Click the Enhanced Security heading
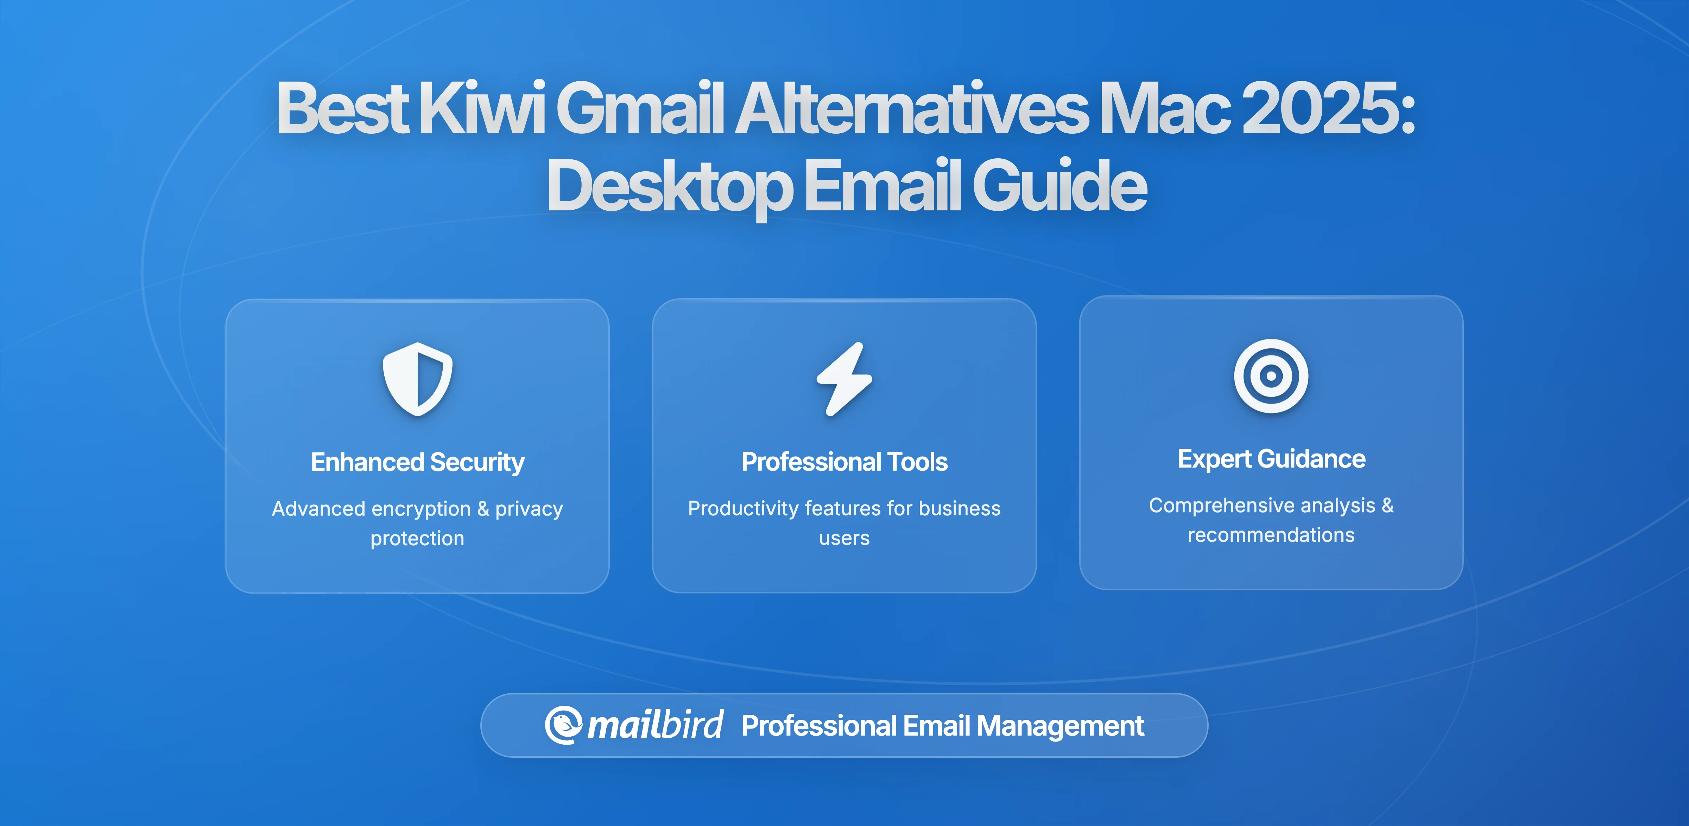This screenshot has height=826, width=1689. tap(418, 462)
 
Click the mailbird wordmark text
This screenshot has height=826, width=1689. tap(655, 725)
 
